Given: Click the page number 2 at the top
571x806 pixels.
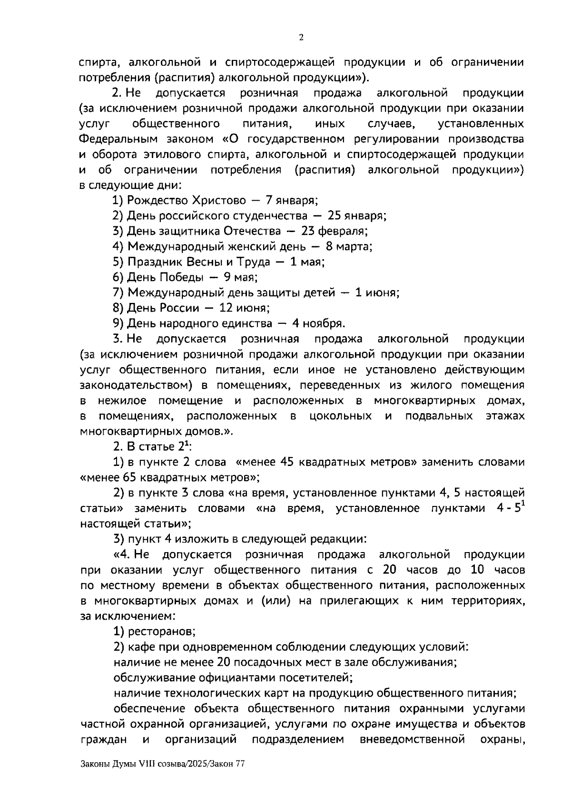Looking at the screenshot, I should [301, 39].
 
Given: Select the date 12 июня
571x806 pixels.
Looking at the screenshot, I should [244, 308].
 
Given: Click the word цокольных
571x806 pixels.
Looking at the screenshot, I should [340, 416].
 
